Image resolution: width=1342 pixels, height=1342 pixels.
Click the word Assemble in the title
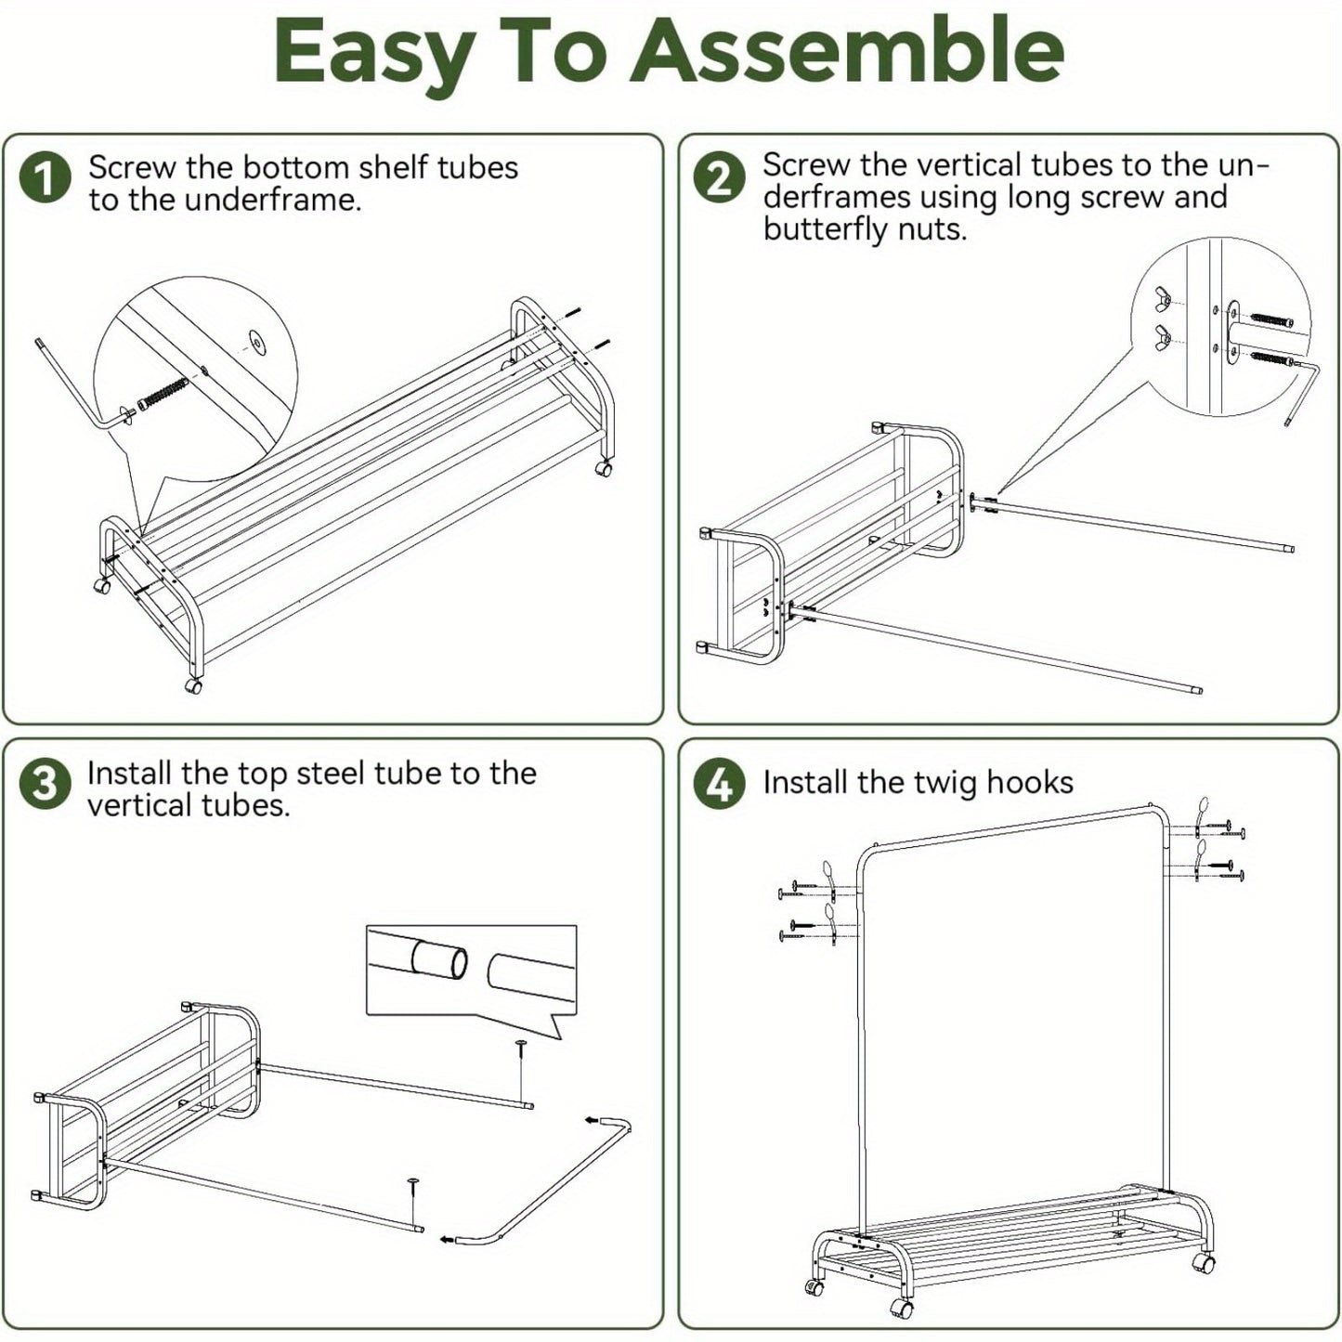pyautogui.click(x=853, y=53)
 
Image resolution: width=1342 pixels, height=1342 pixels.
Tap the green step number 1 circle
pyautogui.click(x=46, y=178)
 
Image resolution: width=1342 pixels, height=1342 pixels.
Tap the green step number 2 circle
pyautogui.click(x=720, y=178)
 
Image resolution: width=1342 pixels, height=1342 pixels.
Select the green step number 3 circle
pyautogui.click(x=45, y=785)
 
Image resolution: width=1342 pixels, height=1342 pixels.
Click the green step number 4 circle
pyautogui.click(x=720, y=785)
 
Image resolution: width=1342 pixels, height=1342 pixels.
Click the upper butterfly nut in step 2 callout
pyautogui.click(x=1161, y=299)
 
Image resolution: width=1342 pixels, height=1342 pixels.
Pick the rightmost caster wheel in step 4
pyautogui.click(x=1204, y=1264)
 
